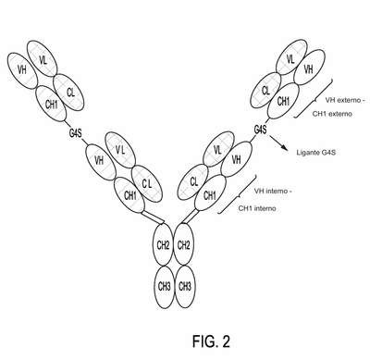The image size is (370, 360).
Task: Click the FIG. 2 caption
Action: (x=211, y=341)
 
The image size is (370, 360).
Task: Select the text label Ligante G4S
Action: (x=316, y=153)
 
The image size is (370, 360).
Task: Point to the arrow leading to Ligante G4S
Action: (x=279, y=143)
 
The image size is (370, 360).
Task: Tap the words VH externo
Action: (x=343, y=100)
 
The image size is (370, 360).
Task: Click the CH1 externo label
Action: (x=332, y=114)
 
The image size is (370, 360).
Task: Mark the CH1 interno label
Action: (x=257, y=208)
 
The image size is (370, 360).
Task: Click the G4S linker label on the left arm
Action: (x=75, y=134)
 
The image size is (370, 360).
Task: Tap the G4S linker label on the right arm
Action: (x=260, y=130)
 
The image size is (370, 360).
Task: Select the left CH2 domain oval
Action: (x=163, y=244)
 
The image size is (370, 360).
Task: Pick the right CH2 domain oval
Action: (x=183, y=244)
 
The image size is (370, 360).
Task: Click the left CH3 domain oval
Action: (x=165, y=287)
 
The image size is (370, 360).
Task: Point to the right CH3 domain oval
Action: (x=185, y=287)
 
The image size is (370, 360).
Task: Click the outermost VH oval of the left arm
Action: (x=22, y=70)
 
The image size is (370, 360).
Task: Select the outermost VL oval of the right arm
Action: (x=291, y=58)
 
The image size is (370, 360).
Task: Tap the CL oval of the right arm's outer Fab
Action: (x=265, y=90)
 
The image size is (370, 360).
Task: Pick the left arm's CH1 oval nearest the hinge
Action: (x=129, y=195)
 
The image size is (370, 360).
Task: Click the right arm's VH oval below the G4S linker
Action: (x=237, y=159)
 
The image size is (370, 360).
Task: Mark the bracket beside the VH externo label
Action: (x=314, y=98)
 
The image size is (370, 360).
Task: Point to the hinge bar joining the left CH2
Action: (x=153, y=217)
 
